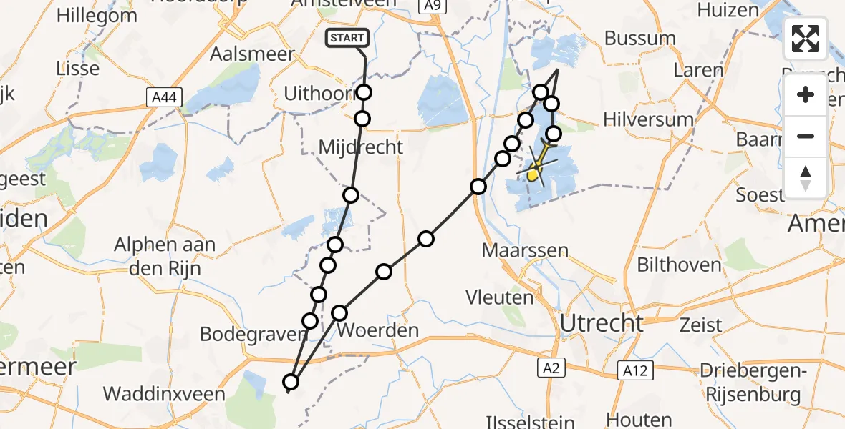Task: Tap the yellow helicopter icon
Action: [x=536, y=169]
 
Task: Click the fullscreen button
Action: [x=806, y=38]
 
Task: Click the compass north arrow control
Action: [x=806, y=177]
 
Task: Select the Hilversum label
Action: [x=649, y=119]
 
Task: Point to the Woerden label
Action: [x=377, y=330]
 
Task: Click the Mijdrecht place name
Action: [x=361, y=147]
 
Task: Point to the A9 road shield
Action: [x=429, y=6]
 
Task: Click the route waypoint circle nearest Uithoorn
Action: [x=364, y=92]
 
